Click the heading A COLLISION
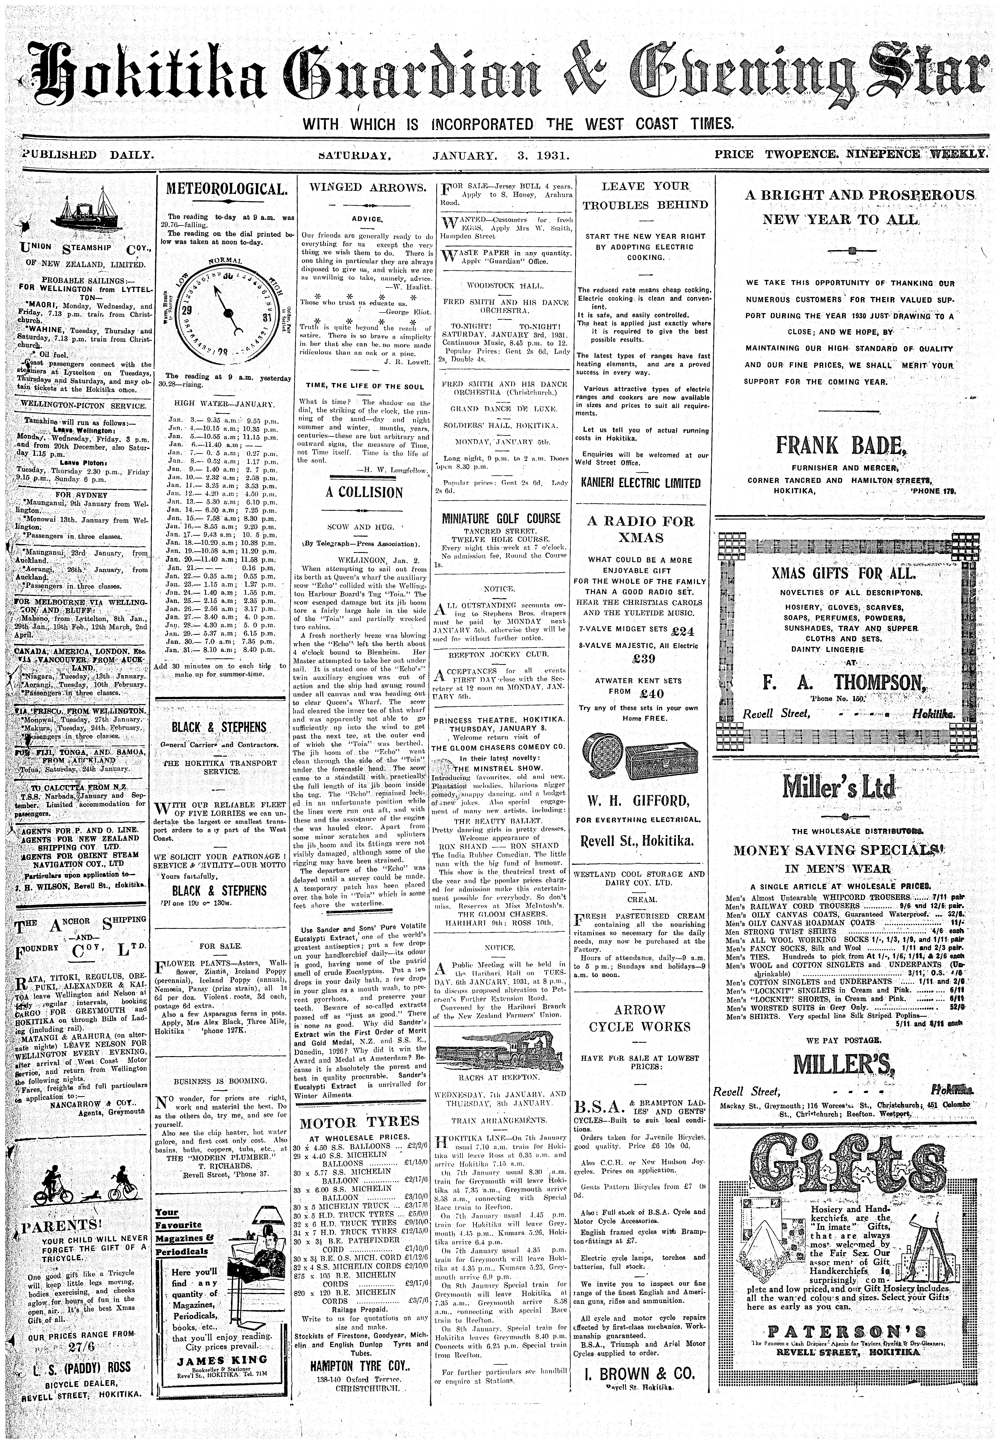[x=364, y=492]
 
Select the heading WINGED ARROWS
[x=364, y=187]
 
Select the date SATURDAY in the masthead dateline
[x=355, y=154]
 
